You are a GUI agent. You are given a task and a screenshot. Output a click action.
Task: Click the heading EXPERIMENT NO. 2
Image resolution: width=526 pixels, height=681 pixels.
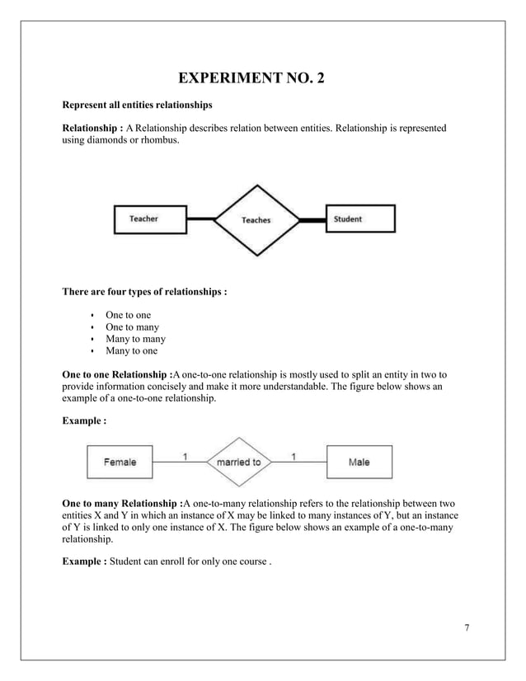(x=262, y=80)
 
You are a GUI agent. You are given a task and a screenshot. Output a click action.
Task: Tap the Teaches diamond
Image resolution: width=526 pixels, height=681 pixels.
(x=256, y=220)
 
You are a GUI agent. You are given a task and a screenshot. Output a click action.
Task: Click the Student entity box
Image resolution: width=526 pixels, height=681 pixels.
(x=360, y=218)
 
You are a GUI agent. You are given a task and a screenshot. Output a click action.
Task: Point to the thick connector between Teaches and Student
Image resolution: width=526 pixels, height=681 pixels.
(x=311, y=220)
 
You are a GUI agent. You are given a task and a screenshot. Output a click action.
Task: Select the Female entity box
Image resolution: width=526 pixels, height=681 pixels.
(x=120, y=463)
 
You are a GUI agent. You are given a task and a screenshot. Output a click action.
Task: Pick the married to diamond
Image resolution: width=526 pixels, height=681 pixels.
(x=238, y=463)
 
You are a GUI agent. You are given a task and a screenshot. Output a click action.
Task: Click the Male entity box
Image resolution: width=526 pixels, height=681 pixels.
(x=359, y=463)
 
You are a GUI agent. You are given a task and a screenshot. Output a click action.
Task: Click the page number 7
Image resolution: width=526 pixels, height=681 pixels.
(x=467, y=628)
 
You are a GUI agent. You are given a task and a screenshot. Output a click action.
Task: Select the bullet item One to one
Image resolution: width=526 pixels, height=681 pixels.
(x=128, y=315)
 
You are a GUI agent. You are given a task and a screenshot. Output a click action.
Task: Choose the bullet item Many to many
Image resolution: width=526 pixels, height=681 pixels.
(x=135, y=339)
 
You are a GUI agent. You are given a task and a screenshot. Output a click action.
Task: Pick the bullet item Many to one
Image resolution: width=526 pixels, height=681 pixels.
(x=131, y=351)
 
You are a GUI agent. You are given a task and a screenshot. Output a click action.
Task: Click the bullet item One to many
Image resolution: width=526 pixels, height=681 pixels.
(x=132, y=327)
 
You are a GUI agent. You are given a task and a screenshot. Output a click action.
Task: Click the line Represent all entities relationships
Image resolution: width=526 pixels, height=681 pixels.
(x=138, y=106)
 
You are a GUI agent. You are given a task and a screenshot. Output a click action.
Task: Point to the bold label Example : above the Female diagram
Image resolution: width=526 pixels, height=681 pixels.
(x=85, y=420)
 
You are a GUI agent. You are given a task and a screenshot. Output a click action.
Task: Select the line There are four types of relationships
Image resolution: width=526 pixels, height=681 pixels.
(x=144, y=291)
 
